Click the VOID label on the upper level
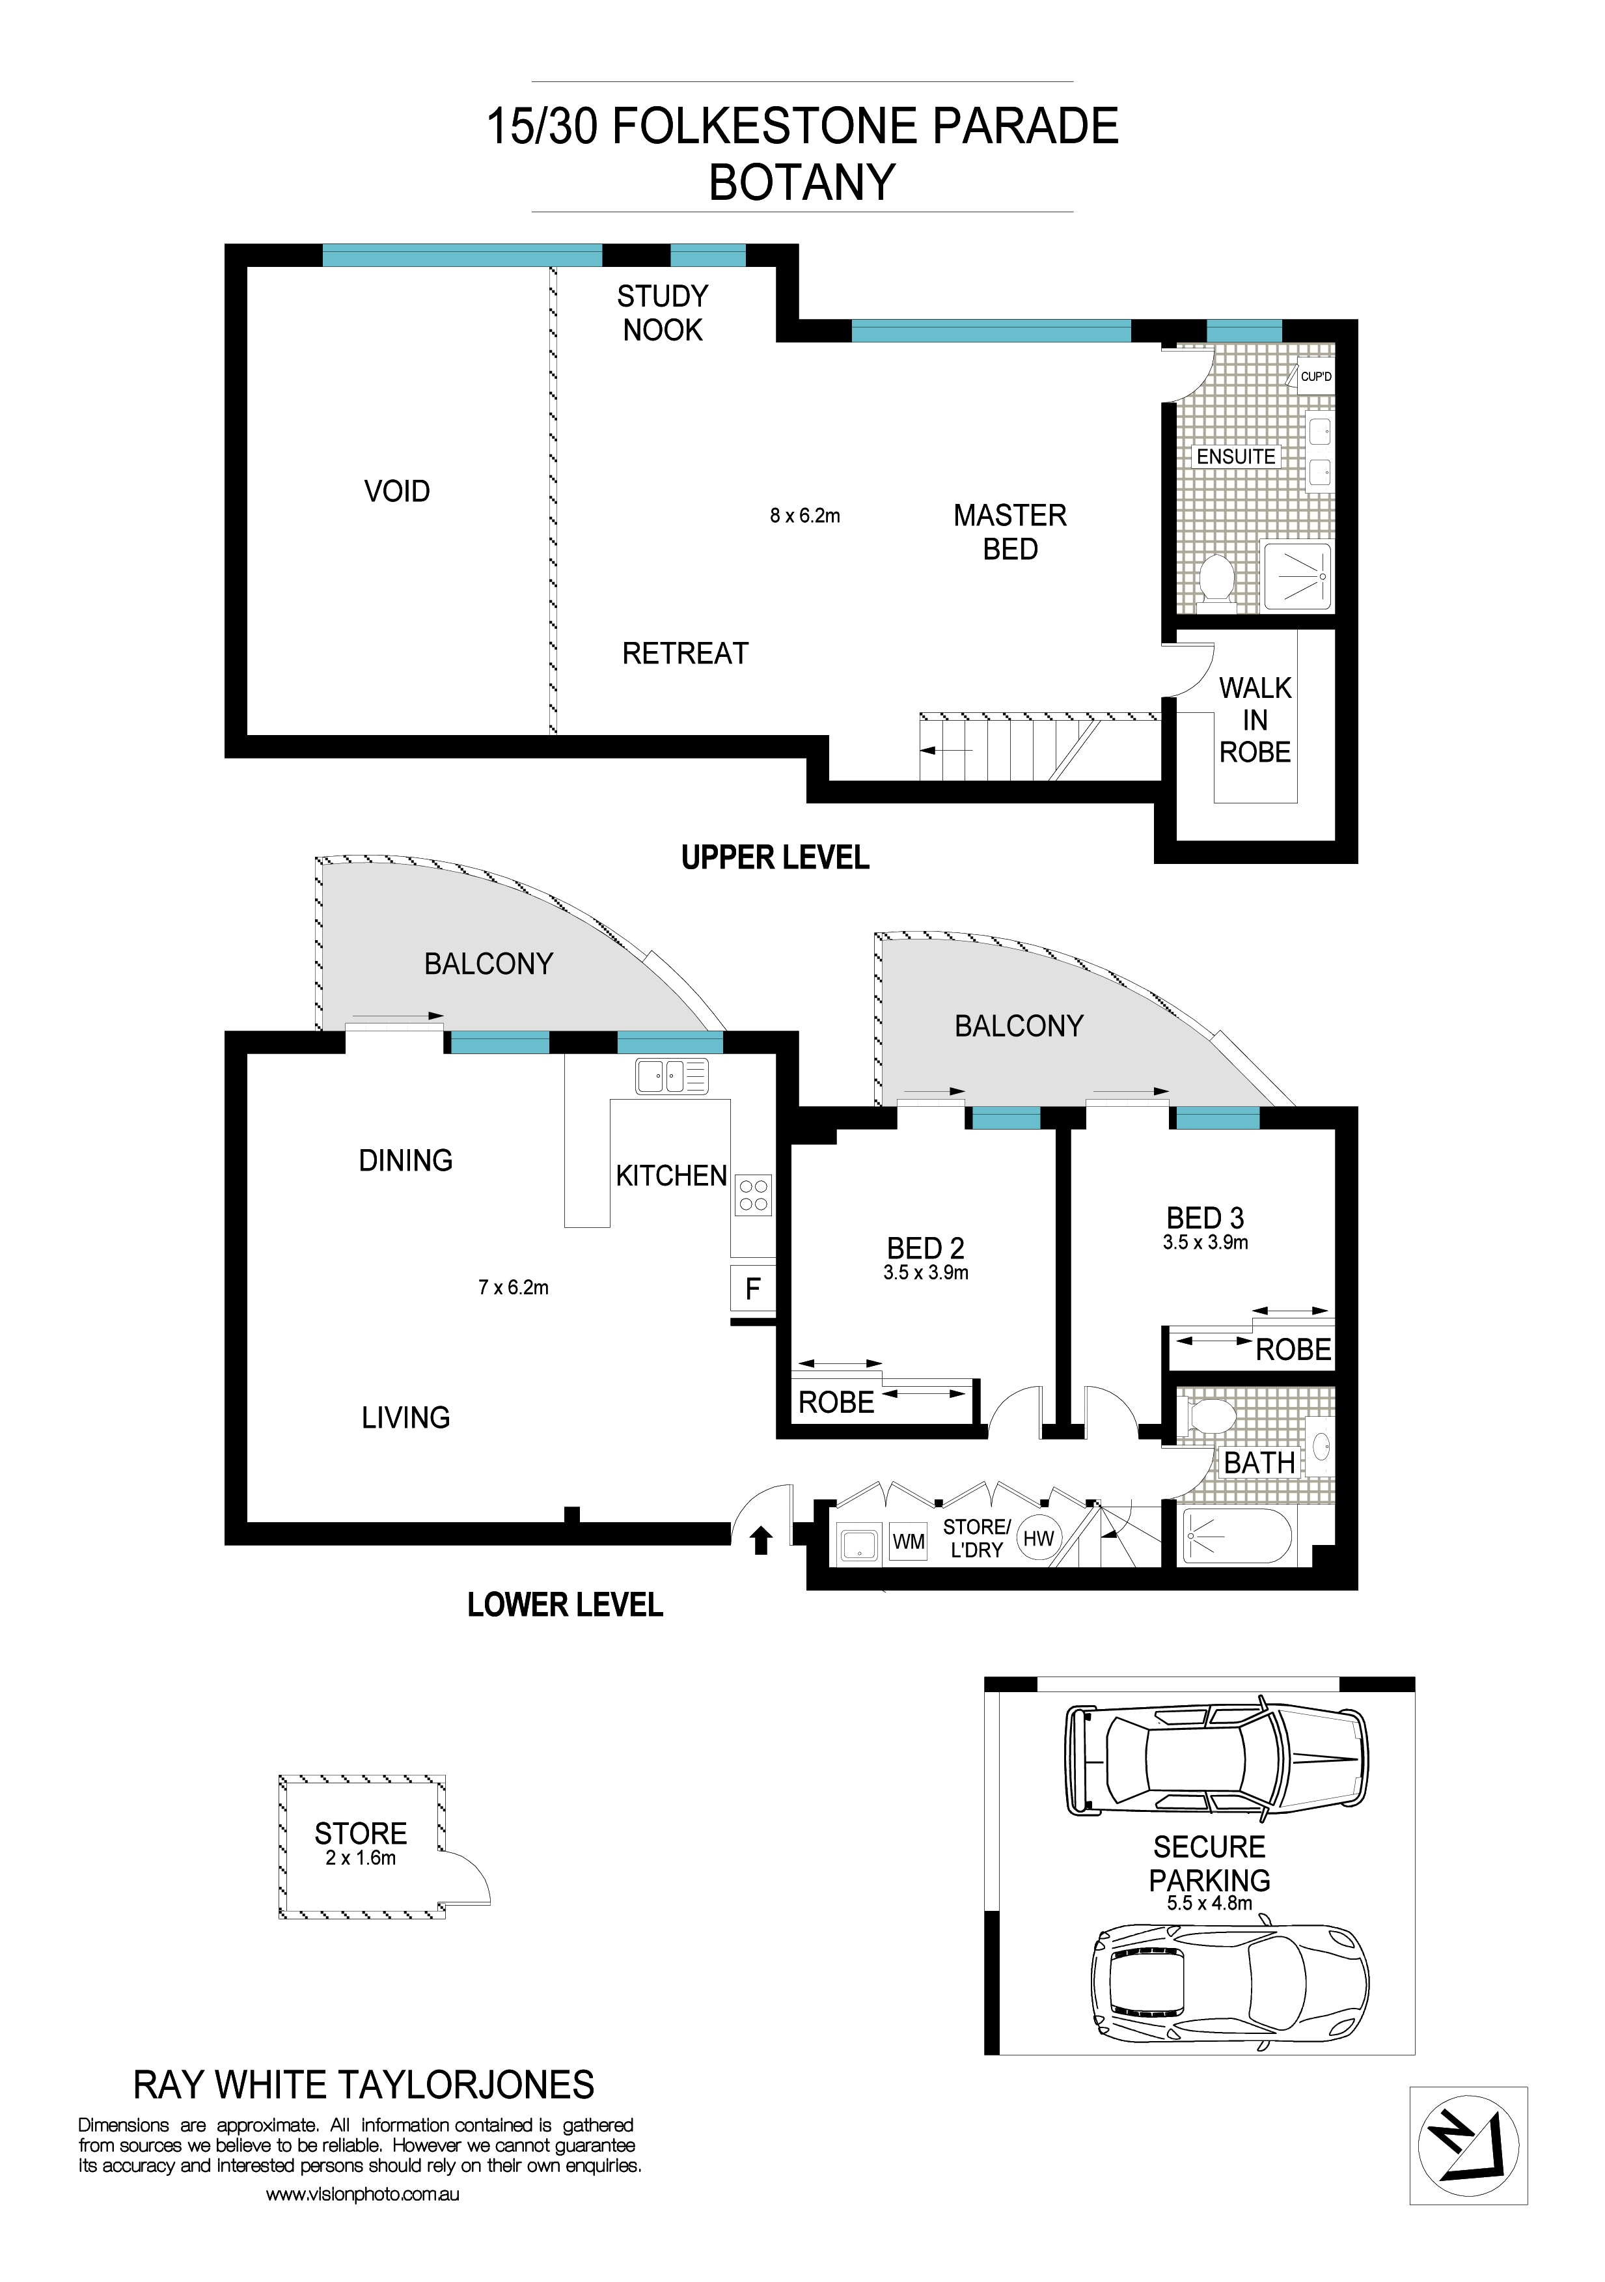[x=396, y=491]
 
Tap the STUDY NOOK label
[x=662, y=313]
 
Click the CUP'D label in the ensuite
[x=1316, y=377]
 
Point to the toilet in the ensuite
[x=1216, y=577]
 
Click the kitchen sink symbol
[x=672, y=1076]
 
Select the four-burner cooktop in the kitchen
[x=753, y=1195]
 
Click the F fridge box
[x=752, y=1289]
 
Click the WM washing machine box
[x=907, y=1542]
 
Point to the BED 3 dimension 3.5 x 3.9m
[x=1205, y=1242]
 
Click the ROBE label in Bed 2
[x=836, y=1402]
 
